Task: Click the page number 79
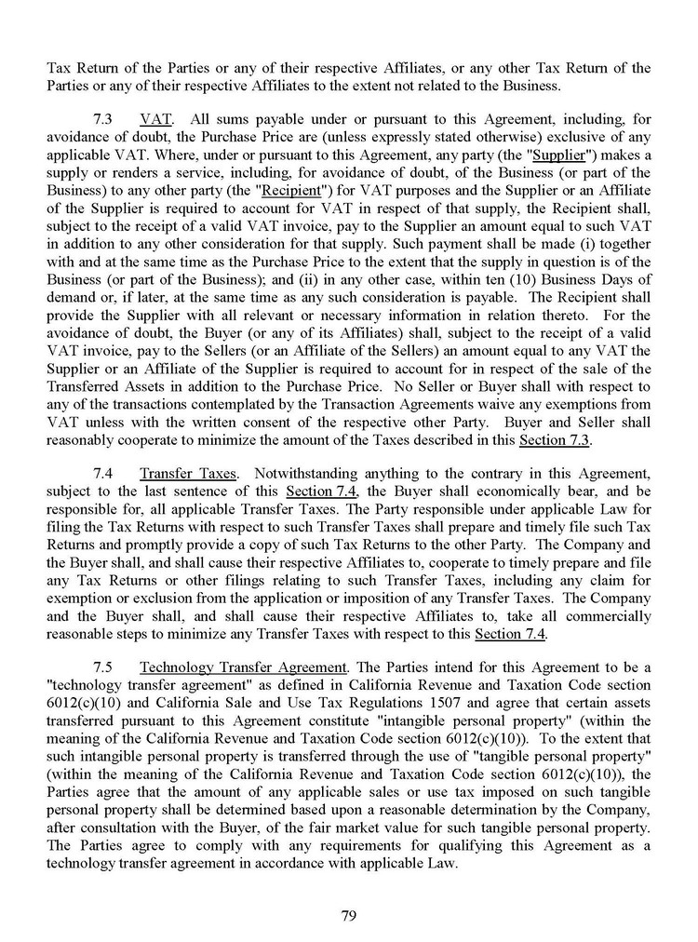click(349, 916)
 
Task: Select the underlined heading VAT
click(154, 119)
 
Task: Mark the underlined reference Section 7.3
click(556, 438)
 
